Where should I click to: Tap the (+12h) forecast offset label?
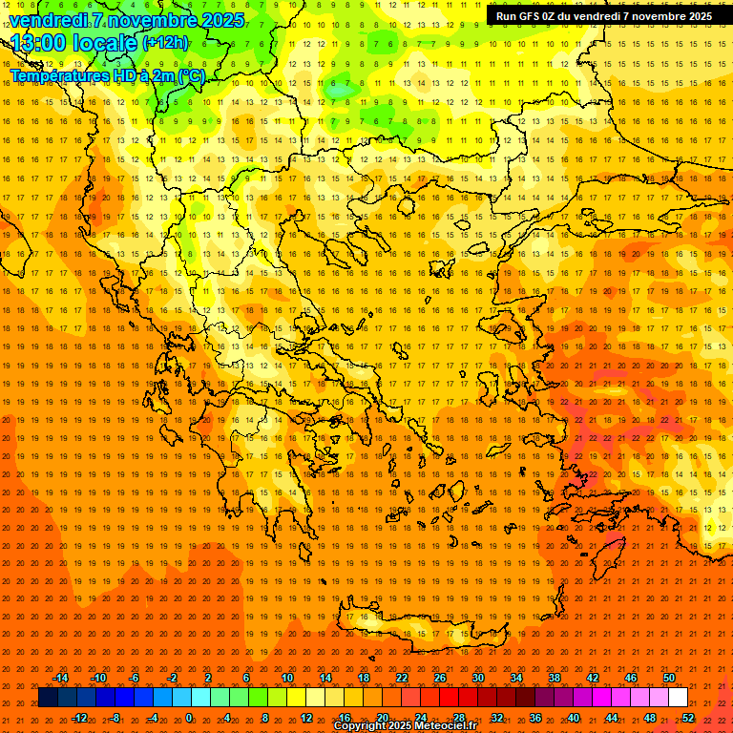click(165, 42)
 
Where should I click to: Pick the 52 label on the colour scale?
click(688, 718)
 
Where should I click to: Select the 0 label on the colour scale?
click(189, 718)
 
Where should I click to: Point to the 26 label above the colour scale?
click(440, 678)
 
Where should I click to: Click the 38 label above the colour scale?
click(555, 678)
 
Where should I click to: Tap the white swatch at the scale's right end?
click(678, 698)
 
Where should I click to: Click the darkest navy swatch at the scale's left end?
click(48, 698)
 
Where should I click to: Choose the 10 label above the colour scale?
click(286, 678)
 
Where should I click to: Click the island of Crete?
click(410, 630)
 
